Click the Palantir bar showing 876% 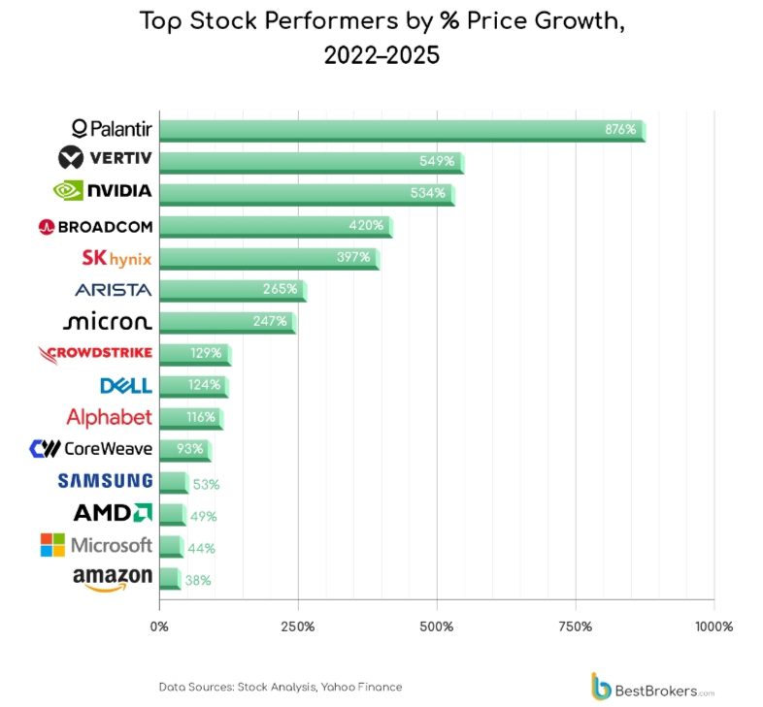(x=401, y=130)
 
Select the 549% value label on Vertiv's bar (x=436, y=161)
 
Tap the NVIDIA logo (x=104, y=191)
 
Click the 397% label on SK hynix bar (x=352, y=257)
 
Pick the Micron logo (x=107, y=321)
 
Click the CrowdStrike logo (x=95, y=354)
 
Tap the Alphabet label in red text (x=109, y=417)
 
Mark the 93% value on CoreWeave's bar (x=189, y=450)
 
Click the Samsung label (x=105, y=481)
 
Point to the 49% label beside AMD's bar (x=203, y=516)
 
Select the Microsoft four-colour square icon (x=52, y=545)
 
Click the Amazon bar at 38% (x=169, y=579)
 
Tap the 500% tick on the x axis (x=437, y=627)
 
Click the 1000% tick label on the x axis (x=713, y=627)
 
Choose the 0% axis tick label (x=159, y=627)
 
